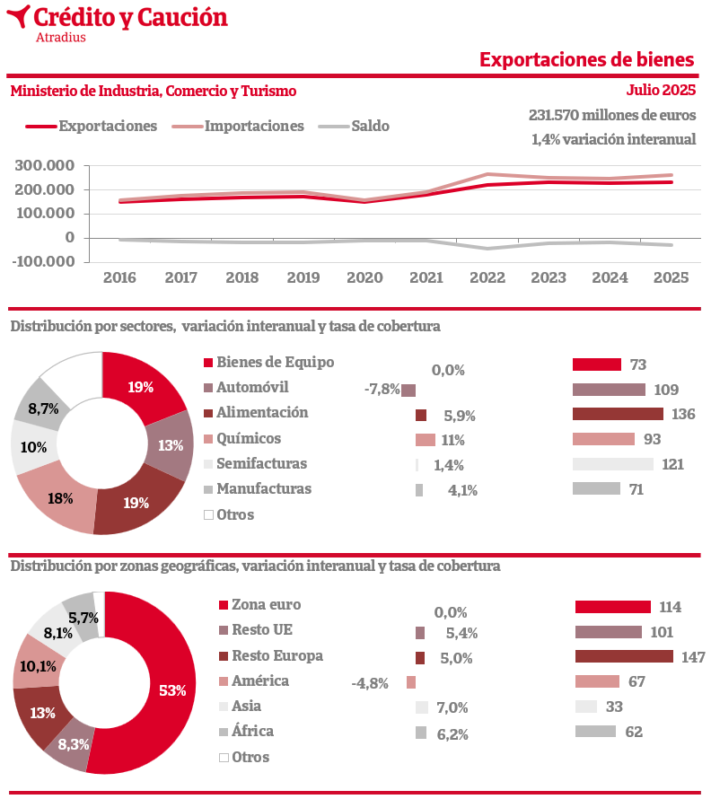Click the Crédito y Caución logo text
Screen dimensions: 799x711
[x=129, y=17]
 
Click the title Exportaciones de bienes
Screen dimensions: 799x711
[x=586, y=59]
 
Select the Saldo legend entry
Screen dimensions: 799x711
[x=370, y=127]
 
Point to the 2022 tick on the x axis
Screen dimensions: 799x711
[x=485, y=277]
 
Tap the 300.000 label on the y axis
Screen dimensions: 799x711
[x=45, y=166]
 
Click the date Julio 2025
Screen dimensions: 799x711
[x=661, y=91]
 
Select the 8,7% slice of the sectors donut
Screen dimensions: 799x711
[x=43, y=408]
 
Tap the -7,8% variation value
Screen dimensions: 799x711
[x=382, y=390]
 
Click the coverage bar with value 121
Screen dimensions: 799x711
[x=613, y=464]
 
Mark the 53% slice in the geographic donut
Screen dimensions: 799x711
[x=171, y=690]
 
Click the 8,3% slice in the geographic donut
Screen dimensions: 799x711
[x=74, y=744]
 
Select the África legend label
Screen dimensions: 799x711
[x=252, y=731]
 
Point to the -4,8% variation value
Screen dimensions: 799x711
[x=369, y=683]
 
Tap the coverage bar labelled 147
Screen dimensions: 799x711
[x=624, y=656]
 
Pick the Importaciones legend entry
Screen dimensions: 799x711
[x=254, y=127]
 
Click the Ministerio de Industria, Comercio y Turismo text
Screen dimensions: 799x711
[x=153, y=91]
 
